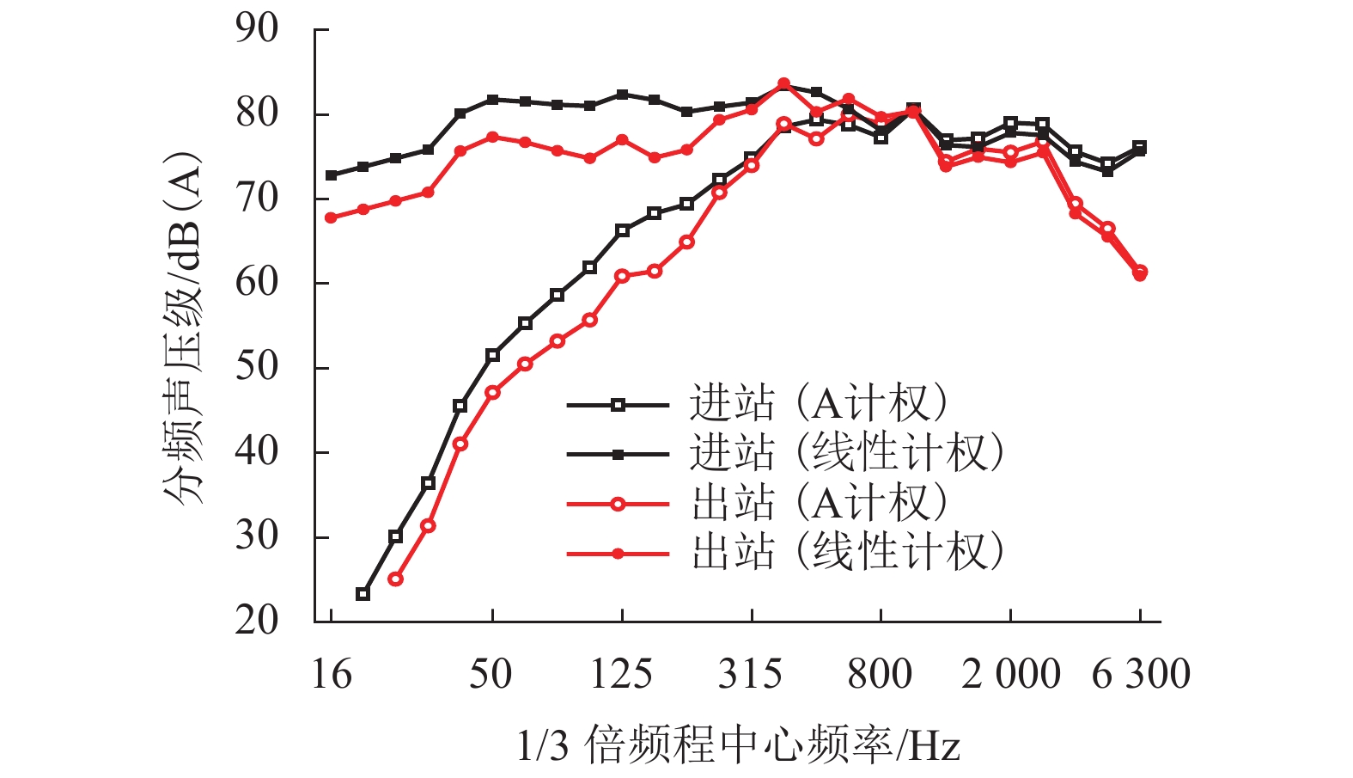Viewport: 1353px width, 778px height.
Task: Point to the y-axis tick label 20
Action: click(257, 620)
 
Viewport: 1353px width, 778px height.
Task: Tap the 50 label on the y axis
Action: click(257, 367)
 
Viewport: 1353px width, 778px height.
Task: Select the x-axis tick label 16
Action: click(331, 675)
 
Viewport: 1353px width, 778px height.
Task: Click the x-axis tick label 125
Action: click(621, 675)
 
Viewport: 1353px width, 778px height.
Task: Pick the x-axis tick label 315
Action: click(751, 675)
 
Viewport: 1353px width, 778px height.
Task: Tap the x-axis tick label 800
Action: click(881, 675)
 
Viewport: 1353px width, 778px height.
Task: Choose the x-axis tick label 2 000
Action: click(1011, 675)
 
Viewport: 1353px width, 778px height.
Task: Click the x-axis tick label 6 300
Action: click(1141, 675)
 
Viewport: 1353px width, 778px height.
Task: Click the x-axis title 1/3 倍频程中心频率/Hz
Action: click(738, 744)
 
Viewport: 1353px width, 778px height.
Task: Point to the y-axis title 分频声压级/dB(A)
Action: click(181, 327)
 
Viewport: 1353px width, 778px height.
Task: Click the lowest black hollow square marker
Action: click(363, 594)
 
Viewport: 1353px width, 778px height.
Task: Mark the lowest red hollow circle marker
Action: click(395, 579)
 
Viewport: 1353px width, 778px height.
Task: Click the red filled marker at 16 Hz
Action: click(331, 218)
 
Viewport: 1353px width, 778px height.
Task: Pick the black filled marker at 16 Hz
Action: click(331, 175)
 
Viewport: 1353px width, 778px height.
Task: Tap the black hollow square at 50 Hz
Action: click(492, 355)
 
